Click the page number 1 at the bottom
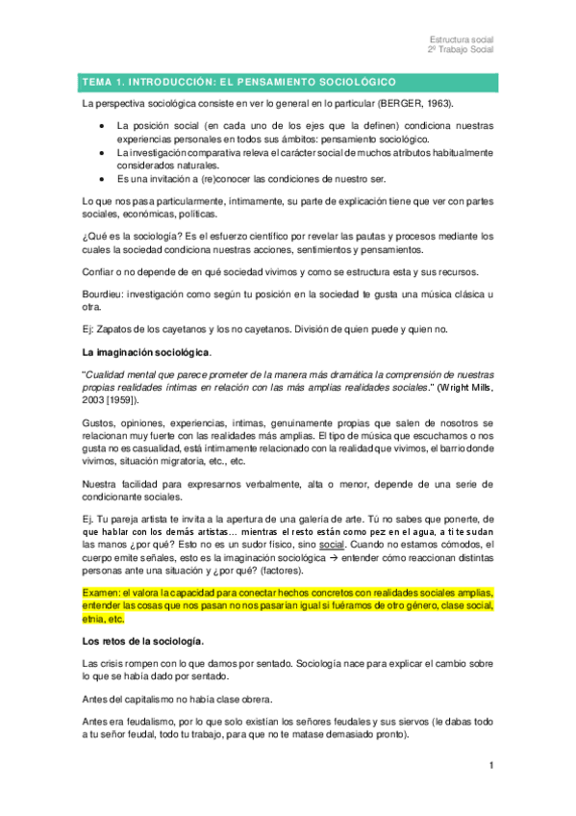(490, 765)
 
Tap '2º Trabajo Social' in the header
(460, 50)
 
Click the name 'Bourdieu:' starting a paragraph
(105, 291)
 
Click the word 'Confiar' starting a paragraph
(101, 269)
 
